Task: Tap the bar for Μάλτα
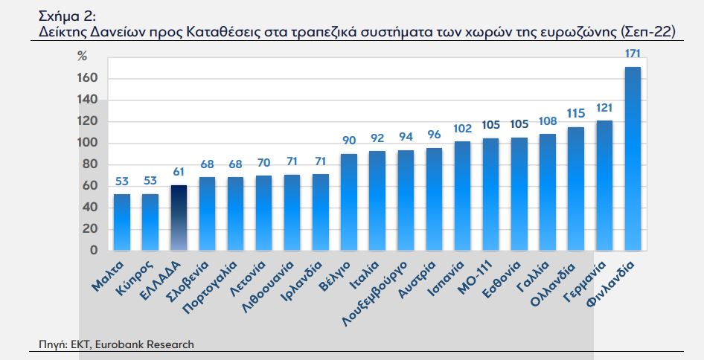click(121, 222)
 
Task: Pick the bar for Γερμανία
click(604, 185)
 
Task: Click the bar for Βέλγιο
click(349, 202)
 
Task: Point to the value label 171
click(633, 54)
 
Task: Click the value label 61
click(179, 172)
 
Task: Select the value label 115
click(576, 113)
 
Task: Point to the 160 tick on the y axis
click(89, 79)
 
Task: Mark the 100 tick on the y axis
click(89, 144)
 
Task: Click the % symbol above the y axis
click(83, 56)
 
